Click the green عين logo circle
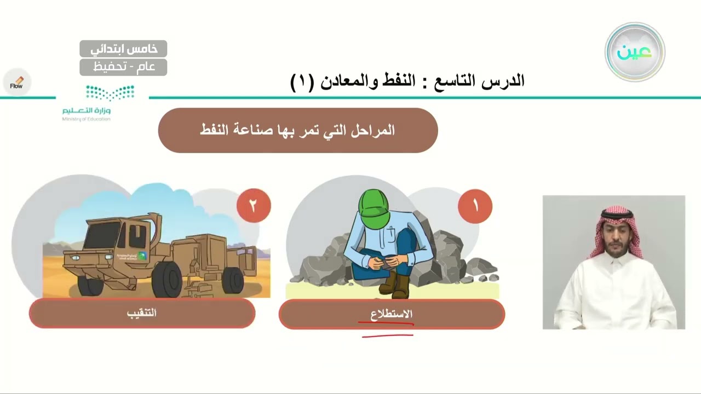(635, 52)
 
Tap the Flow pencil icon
(16, 83)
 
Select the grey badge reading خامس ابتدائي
(123, 49)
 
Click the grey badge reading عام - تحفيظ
(123, 67)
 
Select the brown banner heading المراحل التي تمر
(297, 130)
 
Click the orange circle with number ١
(475, 206)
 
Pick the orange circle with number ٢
(254, 205)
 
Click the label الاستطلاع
(392, 314)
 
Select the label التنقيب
(142, 313)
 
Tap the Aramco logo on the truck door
(142, 256)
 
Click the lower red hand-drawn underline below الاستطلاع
(388, 335)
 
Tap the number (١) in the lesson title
(302, 82)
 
